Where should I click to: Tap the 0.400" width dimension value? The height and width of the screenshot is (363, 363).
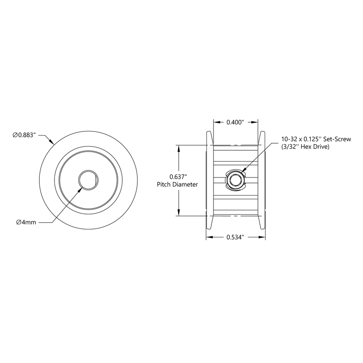tap(235, 122)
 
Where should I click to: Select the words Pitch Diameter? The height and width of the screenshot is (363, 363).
tap(177, 184)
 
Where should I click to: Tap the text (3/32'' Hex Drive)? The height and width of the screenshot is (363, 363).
tap(306, 147)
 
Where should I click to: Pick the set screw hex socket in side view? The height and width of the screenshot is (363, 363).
tap(235, 180)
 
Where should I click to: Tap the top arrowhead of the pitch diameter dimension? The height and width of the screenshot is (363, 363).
tap(179, 148)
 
